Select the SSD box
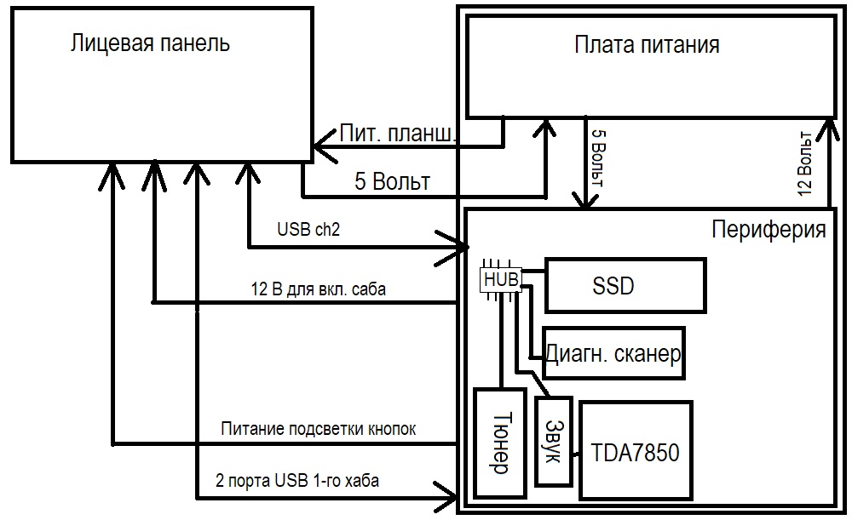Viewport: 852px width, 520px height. [625, 285]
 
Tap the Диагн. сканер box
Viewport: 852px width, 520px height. [613, 353]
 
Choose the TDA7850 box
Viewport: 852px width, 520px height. [635, 451]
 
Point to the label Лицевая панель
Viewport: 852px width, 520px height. [150, 43]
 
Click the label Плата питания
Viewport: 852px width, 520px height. [647, 44]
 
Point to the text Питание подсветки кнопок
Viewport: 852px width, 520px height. [318, 429]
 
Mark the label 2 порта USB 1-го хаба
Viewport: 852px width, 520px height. [298, 481]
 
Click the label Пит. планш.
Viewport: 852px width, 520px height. [398, 134]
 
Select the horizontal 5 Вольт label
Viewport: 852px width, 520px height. [392, 181]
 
